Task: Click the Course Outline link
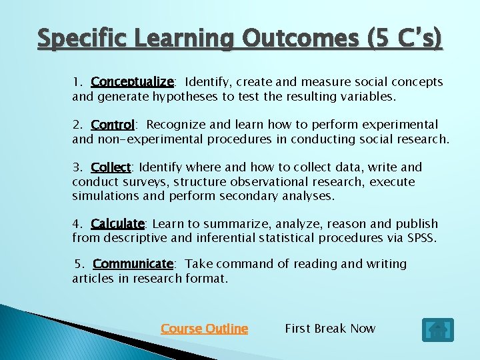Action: click(204, 329)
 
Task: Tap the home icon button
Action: click(437, 330)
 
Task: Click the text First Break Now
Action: click(330, 329)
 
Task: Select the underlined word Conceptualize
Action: click(132, 82)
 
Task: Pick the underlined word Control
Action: click(113, 125)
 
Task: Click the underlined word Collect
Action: click(111, 167)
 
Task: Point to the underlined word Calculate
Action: click(117, 223)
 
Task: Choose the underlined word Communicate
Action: click(133, 264)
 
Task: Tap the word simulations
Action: click(106, 196)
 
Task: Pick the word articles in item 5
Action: click(93, 279)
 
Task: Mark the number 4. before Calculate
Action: click(78, 223)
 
